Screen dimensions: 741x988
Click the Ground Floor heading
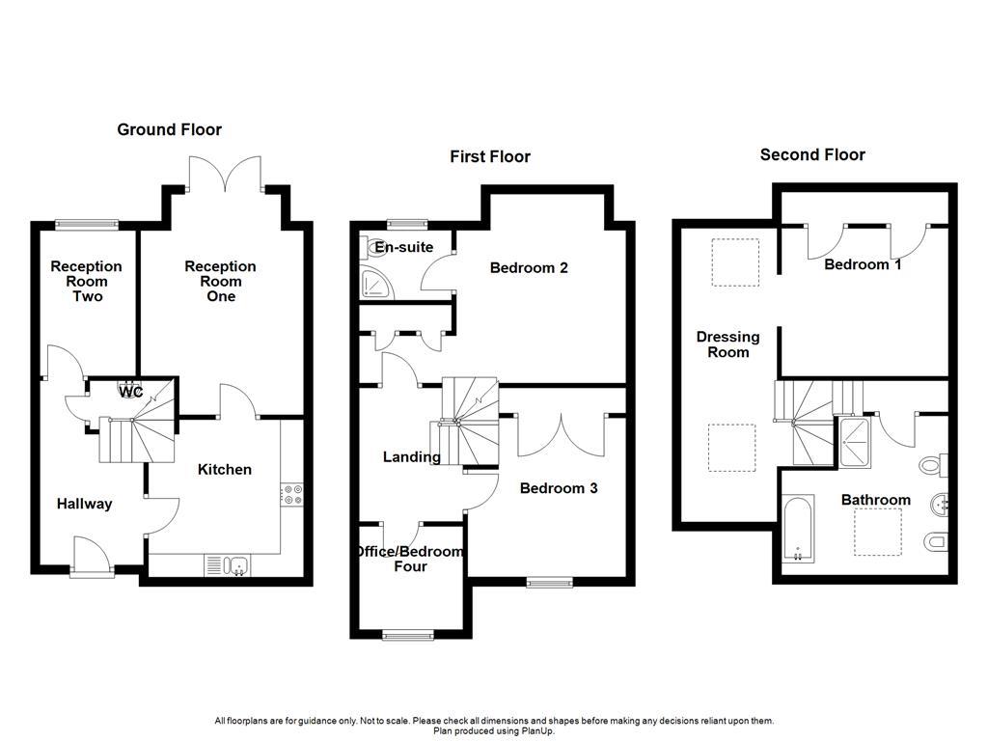click(169, 129)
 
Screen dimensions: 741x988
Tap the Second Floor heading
click(812, 154)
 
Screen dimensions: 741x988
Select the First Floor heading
click(490, 156)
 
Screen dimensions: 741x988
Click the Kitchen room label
click(224, 470)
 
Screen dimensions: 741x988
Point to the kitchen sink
click(228, 565)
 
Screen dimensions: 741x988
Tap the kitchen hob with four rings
click(291, 494)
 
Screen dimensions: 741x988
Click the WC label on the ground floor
click(131, 392)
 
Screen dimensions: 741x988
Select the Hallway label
click(84, 504)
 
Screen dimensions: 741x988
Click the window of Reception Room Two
click(86, 226)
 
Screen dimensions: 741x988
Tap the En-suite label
click(404, 247)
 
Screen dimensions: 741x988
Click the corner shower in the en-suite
click(372, 283)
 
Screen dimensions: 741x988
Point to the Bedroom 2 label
click(528, 267)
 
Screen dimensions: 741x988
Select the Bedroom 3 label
click(559, 488)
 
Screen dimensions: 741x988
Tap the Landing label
click(411, 457)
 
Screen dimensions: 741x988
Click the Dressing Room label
click(727, 344)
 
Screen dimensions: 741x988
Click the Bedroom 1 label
click(862, 263)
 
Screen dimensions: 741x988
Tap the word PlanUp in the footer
click(536, 731)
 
